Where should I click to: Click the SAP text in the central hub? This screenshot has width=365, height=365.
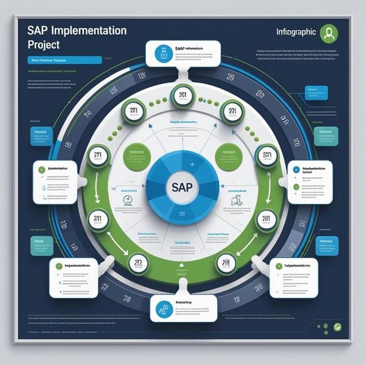[182, 187]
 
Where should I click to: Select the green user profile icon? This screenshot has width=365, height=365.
[329, 33]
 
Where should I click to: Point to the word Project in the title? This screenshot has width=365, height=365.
[44, 44]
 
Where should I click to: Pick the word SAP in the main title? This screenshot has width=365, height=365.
[39, 30]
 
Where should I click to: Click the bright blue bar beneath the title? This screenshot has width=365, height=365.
[64, 60]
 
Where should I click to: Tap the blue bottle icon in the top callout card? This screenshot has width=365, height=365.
[162, 54]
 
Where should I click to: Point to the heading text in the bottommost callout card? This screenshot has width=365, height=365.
[184, 302]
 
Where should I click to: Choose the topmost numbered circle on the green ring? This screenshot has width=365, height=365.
[182, 96]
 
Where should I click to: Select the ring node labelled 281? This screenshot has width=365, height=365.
[266, 219]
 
